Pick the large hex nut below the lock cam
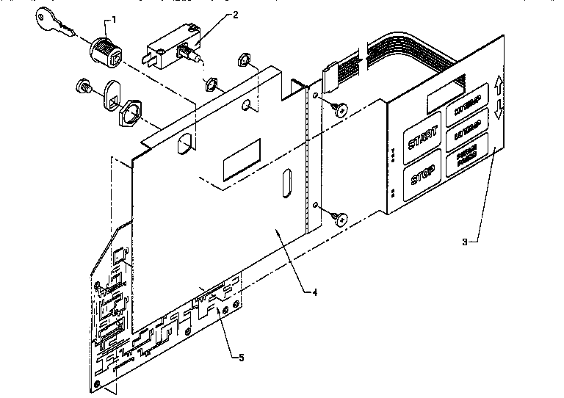click(x=133, y=115)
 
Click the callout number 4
click(x=314, y=292)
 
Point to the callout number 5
click(x=239, y=358)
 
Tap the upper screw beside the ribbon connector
click(x=339, y=109)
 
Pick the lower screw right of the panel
click(x=339, y=218)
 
